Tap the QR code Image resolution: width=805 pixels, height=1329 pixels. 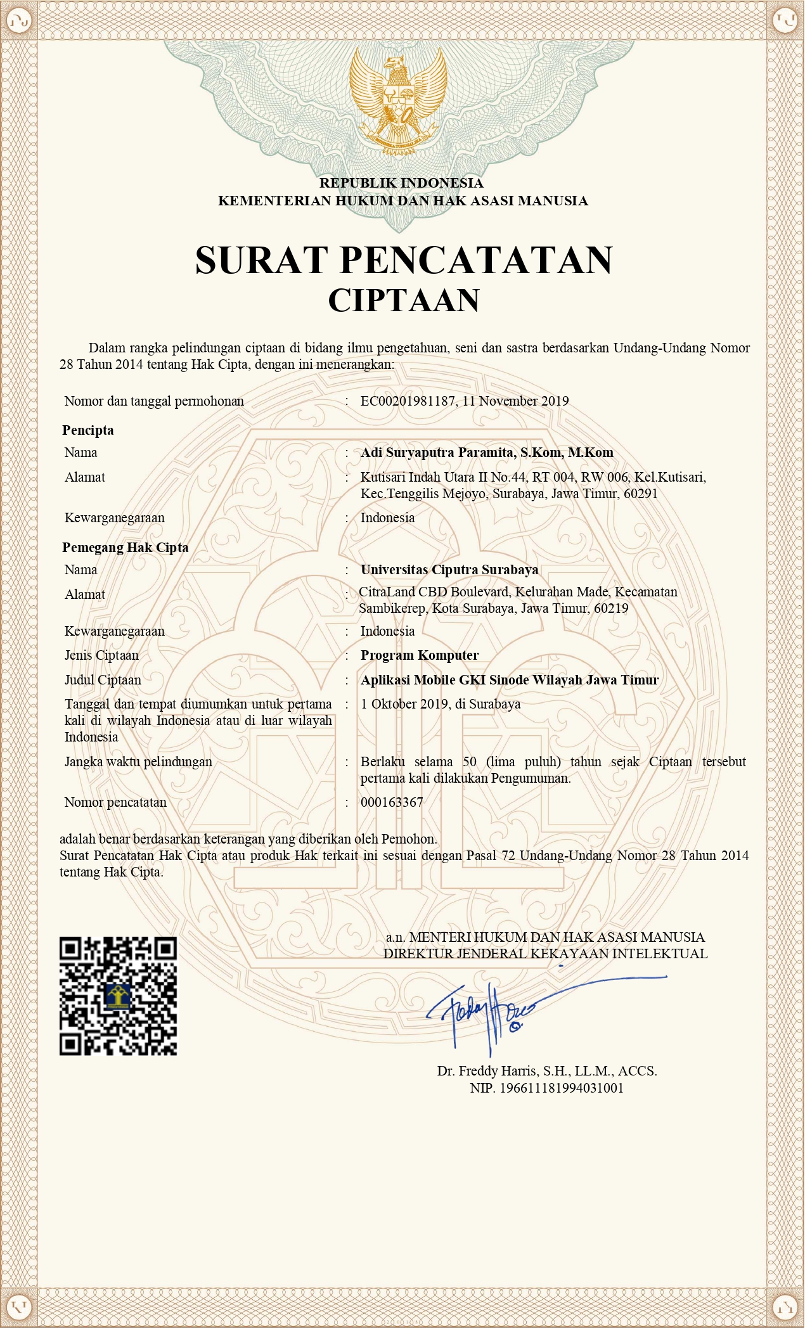pos(118,995)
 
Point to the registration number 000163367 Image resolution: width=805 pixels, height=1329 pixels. pos(392,802)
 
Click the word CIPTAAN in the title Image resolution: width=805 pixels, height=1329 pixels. pos(404,300)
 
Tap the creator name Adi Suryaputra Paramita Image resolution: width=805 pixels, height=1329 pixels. pos(438,453)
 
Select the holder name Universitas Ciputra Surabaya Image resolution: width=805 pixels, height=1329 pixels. pos(449,570)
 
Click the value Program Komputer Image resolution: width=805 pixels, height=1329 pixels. pos(420,655)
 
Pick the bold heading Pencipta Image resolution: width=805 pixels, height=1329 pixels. pos(88,430)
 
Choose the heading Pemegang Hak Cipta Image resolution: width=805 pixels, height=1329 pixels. pos(126,548)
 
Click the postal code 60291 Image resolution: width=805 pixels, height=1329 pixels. pos(641,494)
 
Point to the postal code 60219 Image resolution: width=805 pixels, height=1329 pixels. pos(611,608)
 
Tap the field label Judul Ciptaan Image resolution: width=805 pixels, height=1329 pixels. pos(103,680)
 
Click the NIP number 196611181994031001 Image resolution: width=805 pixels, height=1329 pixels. pos(562,1088)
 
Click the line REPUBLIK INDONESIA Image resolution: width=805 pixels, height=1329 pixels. pos(401,183)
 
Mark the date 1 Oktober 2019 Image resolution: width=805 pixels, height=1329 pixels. pos(404,704)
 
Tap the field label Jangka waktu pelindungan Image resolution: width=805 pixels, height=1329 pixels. pos(138,762)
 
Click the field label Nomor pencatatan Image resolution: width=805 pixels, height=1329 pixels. pos(115,802)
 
